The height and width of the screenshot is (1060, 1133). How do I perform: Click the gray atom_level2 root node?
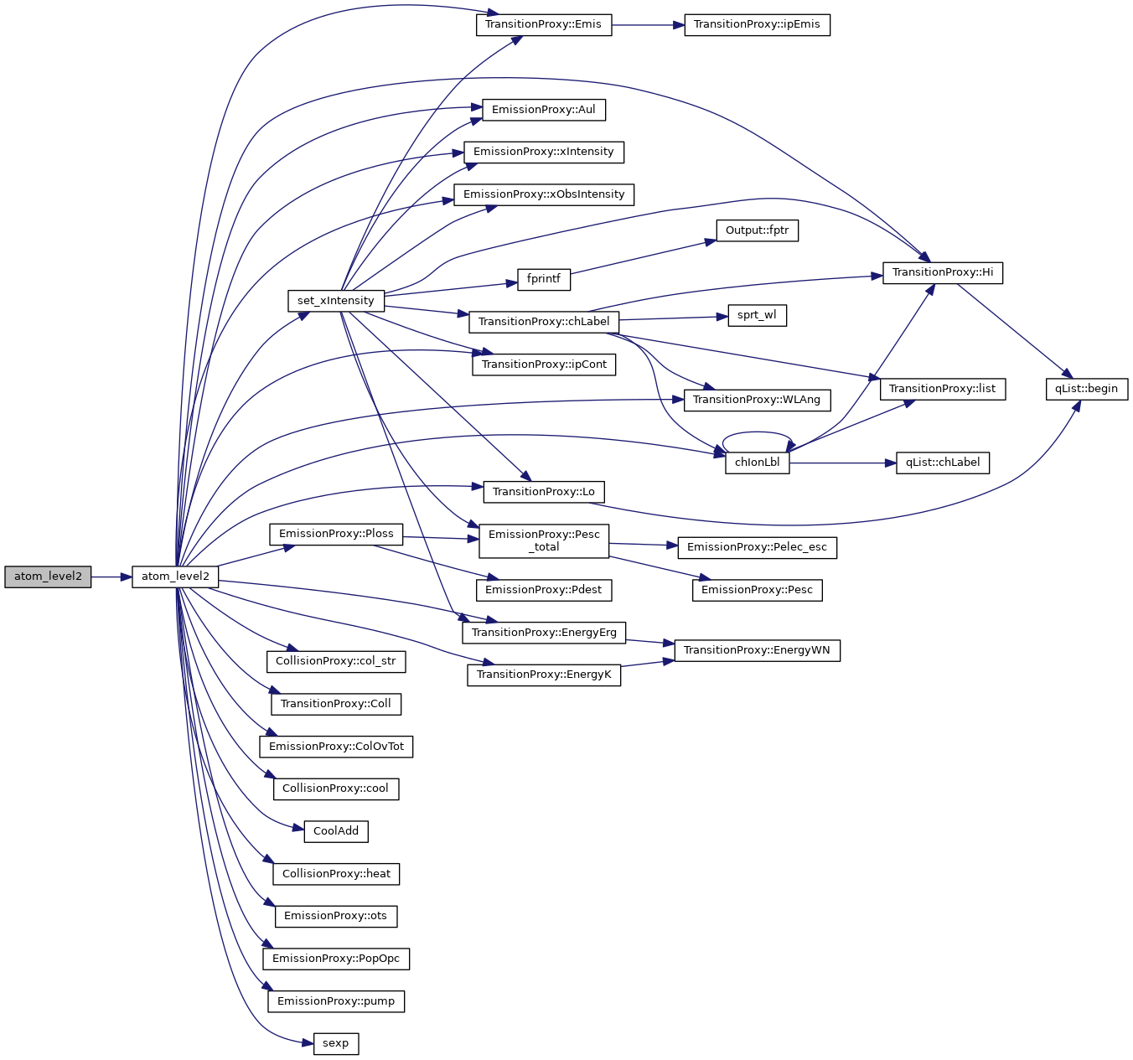pos(48,577)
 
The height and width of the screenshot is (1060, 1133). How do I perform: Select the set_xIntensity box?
pos(335,301)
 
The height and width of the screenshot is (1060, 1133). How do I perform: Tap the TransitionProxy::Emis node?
pos(543,24)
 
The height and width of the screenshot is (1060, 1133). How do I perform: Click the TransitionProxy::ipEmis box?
pos(757,24)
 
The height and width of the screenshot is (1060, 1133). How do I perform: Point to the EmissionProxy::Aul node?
pos(543,110)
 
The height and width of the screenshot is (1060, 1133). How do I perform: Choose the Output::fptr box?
pos(757,230)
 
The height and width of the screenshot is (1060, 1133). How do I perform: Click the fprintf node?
pos(543,279)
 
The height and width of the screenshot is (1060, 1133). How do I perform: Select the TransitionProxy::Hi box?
pos(942,272)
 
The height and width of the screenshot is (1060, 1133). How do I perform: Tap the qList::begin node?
pos(1086,389)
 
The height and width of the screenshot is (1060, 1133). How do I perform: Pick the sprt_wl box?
pos(757,316)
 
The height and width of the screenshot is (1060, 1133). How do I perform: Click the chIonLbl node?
pos(757,463)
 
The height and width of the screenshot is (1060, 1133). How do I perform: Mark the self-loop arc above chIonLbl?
pos(757,433)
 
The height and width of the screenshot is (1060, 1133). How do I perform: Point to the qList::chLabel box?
pos(942,463)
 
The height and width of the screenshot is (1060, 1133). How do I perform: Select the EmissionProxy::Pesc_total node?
pos(543,540)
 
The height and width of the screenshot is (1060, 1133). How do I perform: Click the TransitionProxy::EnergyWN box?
pos(757,650)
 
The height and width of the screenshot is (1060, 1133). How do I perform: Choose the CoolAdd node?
pos(335,831)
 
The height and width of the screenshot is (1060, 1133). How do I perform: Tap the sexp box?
pos(335,1043)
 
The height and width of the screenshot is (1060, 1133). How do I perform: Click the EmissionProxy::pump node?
pos(335,1001)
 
